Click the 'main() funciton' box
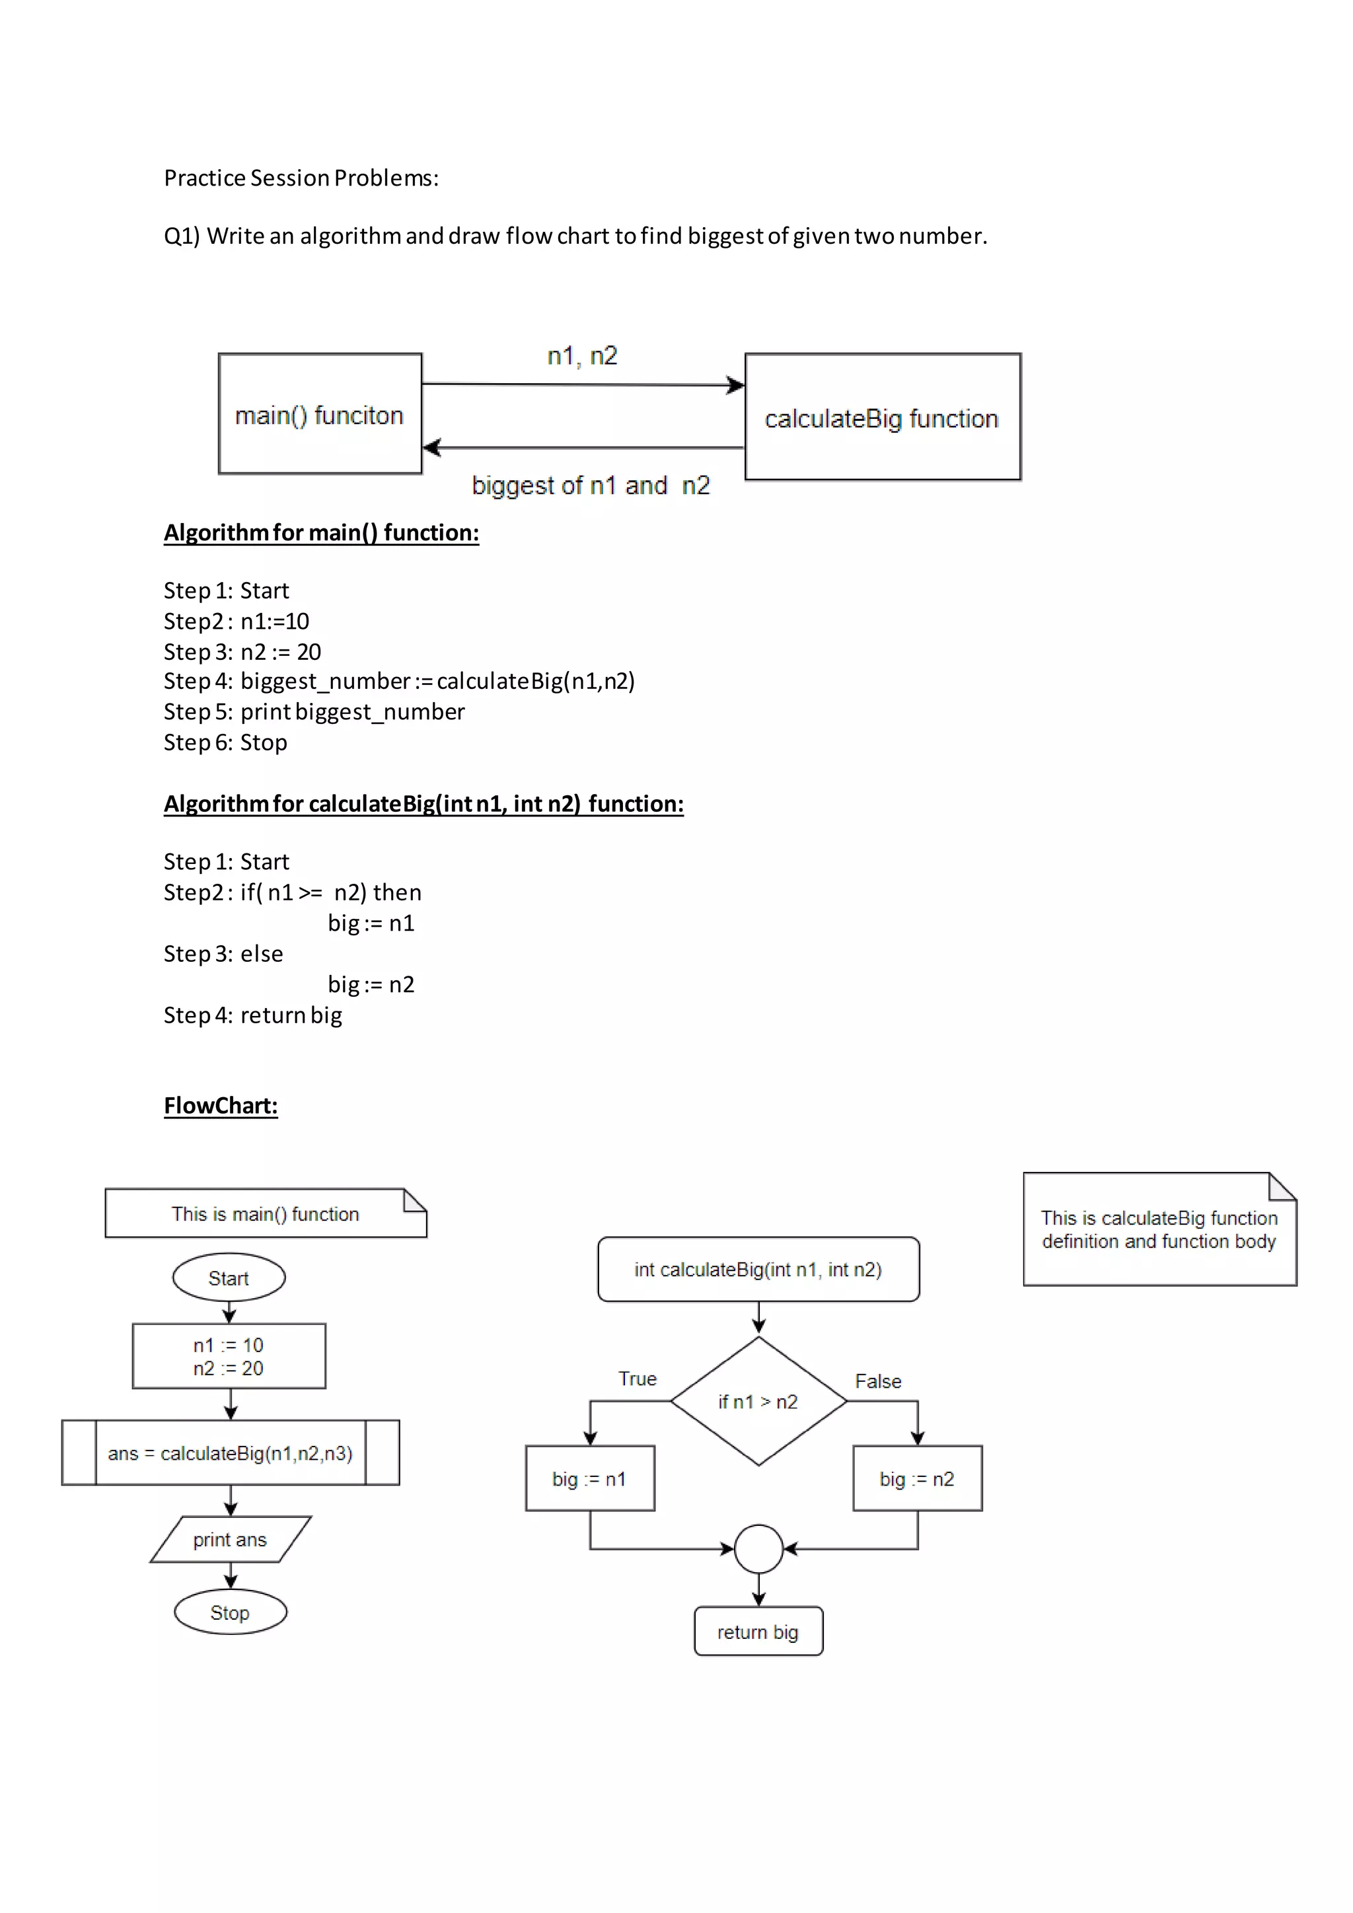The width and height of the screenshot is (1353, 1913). pos(320,414)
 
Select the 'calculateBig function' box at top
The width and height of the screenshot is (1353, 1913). pos(882,417)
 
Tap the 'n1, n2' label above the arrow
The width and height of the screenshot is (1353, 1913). pos(581,357)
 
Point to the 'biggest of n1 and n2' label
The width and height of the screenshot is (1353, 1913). pos(590,485)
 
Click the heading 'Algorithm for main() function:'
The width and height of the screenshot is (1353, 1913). pos(321,532)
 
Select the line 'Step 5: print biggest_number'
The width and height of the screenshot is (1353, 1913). pos(313,711)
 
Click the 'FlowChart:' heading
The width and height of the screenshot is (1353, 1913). pos(221,1106)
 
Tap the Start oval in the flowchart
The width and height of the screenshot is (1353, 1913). pos(229,1278)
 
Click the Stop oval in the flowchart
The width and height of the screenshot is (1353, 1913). pos(230,1612)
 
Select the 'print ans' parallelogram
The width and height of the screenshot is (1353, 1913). pos(230,1540)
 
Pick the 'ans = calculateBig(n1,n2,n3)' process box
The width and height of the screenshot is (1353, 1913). pos(230,1453)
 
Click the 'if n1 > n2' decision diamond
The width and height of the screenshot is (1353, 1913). pos(758,1402)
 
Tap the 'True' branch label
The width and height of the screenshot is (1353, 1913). pos(638,1379)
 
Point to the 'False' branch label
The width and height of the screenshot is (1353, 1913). pos(877,1381)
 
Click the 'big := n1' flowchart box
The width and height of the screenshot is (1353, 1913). pos(590,1479)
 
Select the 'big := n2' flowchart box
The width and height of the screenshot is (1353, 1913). pos(917,1479)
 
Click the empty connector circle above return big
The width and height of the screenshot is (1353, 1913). pos(758,1549)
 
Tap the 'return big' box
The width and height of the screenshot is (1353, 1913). pos(758,1632)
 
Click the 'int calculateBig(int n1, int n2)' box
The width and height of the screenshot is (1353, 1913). pos(758,1269)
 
